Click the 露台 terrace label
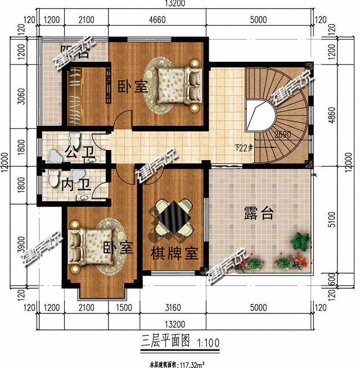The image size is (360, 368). point(259,213)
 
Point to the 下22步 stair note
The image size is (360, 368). point(244,148)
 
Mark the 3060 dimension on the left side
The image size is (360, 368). point(21,97)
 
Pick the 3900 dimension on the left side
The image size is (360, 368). point(21,246)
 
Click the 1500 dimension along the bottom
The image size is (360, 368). point(124,307)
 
